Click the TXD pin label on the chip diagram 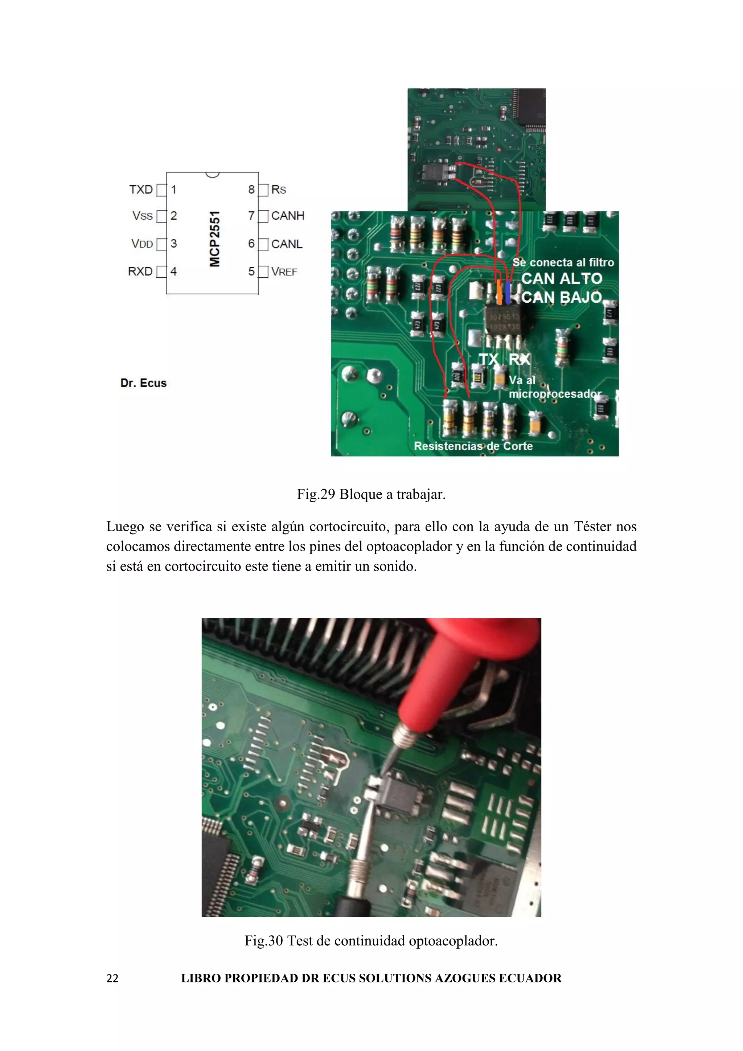pyautogui.click(x=140, y=189)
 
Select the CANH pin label pyautogui.click(x=287, y=216)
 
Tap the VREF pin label pyautogui.click(x=284, y=272)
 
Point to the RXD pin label pyautogui.click(x=140, y=271)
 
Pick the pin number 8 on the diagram pyautogui.click(x=251, y=189)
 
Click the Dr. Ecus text pyautogui.click(x=143, y=383)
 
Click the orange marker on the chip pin pyautogui.click(x=499, y=293)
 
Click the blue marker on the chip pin pyautogui.click(x=508, y=293)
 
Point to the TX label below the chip pyautogui.click(x=489, y=359)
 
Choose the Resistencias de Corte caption pyautogui.click(x=473, y=446)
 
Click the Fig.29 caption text pyautogui.click(x=371, y=494)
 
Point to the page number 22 pyautogui.click(x=112, y=979)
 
